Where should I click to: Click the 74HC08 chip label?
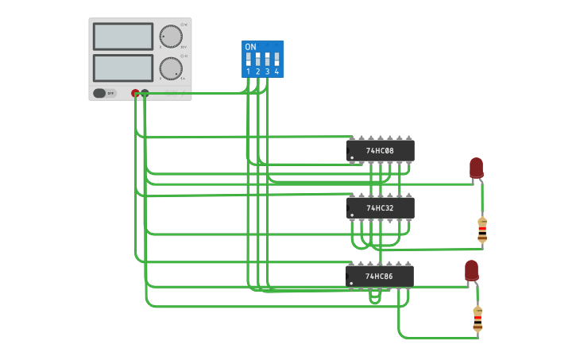point(380,150)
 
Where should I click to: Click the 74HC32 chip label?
point(380,208)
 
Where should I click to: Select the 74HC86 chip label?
point(379,277)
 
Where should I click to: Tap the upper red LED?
point(476,167)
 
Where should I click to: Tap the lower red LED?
point(471,269)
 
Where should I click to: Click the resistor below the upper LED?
point(482,230)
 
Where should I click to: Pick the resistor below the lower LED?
point(477,318)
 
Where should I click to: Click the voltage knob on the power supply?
point(170,37)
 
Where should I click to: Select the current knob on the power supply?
point(170,68)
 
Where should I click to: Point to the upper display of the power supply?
point(123,37)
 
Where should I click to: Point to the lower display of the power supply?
point(123,68)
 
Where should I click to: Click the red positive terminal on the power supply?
point(135,93)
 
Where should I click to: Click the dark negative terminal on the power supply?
point(145,93)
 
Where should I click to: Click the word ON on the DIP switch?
point(250,47)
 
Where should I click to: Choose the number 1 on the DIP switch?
point(248,72)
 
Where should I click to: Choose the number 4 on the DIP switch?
point(276,72)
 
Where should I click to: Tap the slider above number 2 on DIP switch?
point(257,60)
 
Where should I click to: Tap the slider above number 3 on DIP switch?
point(267,60)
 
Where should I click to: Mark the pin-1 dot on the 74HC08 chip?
point(351,157)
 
